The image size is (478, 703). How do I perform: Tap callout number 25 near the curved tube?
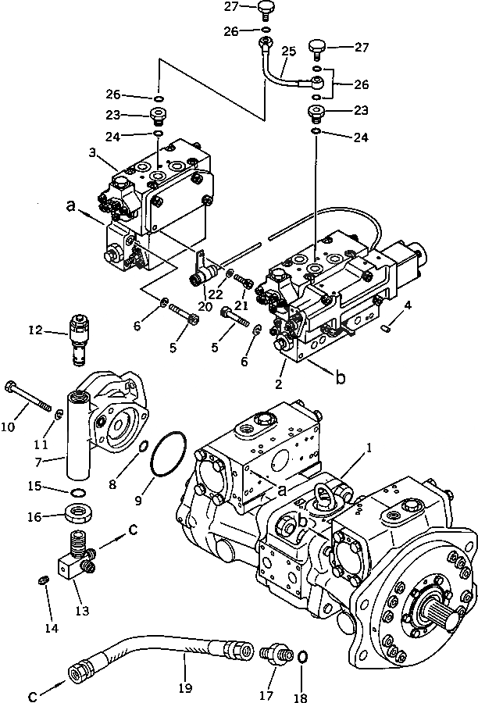pos(288,52)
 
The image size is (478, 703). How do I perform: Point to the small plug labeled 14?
pos(45,579)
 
